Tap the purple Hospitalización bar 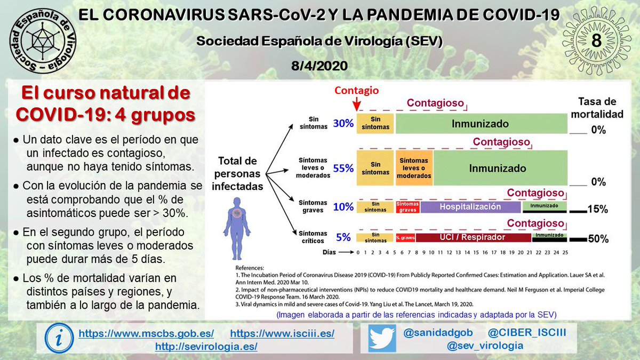tap(470, 206)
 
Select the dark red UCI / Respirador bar tap(473, 237)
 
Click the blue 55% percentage tap(343, 168)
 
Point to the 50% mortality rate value tap(597, 239)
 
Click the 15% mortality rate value tap(597, 209)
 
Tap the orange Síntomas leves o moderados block tap(414, 168)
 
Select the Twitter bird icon tap(382, 339)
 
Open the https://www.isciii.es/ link tap(282, 334)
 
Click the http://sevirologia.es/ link tap(206, 347)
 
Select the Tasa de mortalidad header tap(597, 108)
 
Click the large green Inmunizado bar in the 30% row tap(480, 124)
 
